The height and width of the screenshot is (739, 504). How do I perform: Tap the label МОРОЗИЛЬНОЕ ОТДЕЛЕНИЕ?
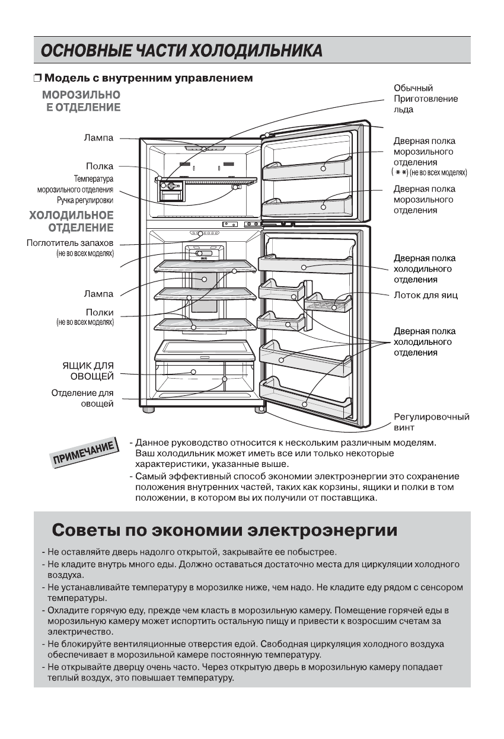point(82,101)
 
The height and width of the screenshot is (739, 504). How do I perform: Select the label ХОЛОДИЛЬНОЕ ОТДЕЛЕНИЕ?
point(72,222)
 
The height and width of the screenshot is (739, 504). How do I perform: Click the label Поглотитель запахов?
point(70,243)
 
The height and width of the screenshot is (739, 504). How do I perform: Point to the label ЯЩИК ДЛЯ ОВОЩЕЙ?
point(88,370)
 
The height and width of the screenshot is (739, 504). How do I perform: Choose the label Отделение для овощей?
point(82,398)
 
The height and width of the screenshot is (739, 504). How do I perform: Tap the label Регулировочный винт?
point(431,421)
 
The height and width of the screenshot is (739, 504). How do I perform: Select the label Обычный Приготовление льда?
point(425,99)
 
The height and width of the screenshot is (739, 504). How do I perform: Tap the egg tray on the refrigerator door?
point(328,302)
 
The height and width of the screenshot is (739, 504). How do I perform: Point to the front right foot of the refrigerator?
point(260,409)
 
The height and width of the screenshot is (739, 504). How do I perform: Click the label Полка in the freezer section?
point(99,167)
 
